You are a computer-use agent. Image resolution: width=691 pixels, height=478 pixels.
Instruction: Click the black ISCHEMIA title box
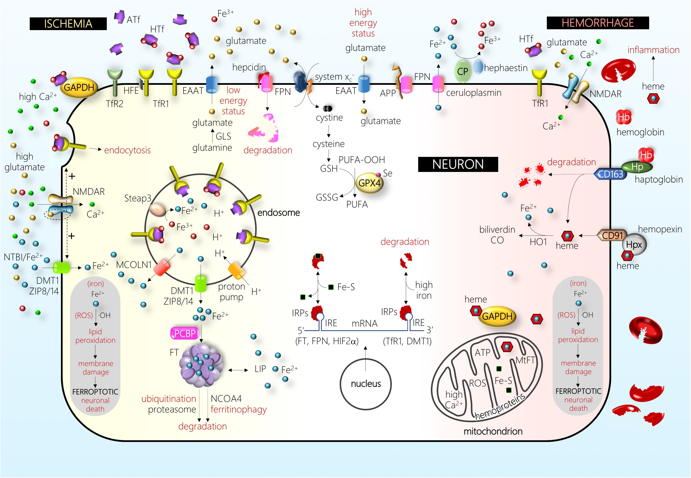click(68, 24)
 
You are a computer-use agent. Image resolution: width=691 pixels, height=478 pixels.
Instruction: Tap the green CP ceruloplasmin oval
click(463, 71)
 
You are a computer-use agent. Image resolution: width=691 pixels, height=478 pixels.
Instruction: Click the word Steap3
click(138, 198)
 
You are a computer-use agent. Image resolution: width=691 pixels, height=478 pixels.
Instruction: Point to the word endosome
click(278, 213)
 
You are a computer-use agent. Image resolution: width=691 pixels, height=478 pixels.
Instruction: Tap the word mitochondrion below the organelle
click(493, 431)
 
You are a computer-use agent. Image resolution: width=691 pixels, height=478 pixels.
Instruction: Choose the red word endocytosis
click(127, 150)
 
